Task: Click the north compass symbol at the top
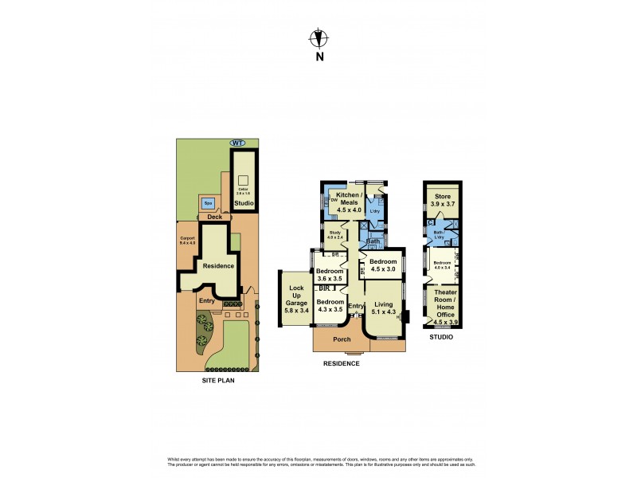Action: click(x=318, y=37)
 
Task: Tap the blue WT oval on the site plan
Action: click(x=237, y=143)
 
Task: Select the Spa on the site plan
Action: click(x=208, y=202)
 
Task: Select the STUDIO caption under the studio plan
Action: click(x=441, y=338)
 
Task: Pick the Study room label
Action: click(x=335, y=234)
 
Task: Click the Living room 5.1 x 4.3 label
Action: click(x=384, y=308)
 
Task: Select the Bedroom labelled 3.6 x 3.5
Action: click(x=329, y=275)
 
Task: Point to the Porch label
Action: click(x=342, y=339)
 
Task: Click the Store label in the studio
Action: click(x=441, y=199)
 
